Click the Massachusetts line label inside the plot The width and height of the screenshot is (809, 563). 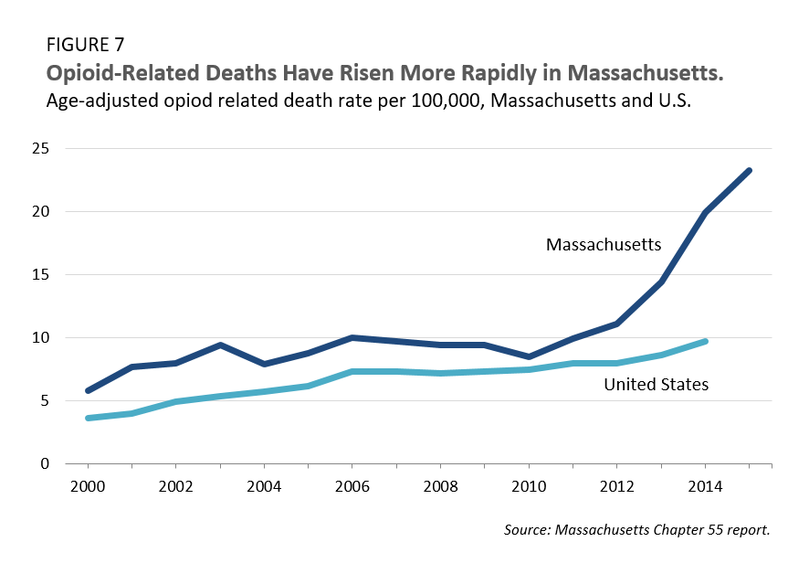point(604,245)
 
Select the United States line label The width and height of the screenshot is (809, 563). point(656,385)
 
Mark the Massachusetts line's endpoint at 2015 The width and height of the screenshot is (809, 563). point(749,170)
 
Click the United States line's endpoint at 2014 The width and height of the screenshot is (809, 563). point(705,341)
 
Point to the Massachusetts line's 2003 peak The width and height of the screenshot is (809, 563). point(220,345)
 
